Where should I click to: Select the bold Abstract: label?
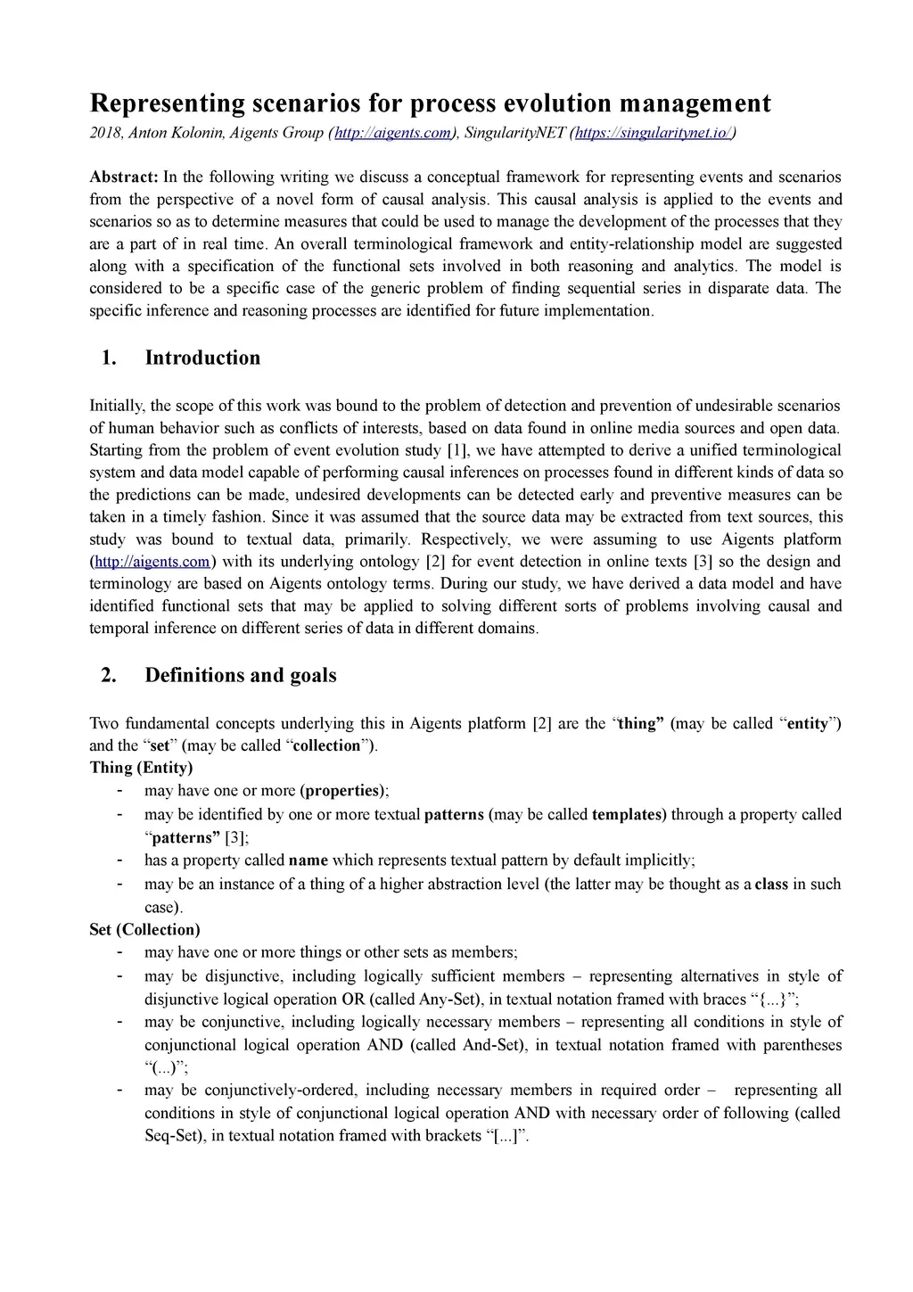point(124,177)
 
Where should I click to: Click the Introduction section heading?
point(202,358)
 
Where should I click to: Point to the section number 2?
point(109,675)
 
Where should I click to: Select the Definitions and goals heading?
point(241,675)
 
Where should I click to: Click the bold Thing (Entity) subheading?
point(141,768)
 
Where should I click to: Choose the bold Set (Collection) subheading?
point(144,930)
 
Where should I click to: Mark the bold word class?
point(771,885)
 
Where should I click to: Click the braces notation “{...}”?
point(772,1000)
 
